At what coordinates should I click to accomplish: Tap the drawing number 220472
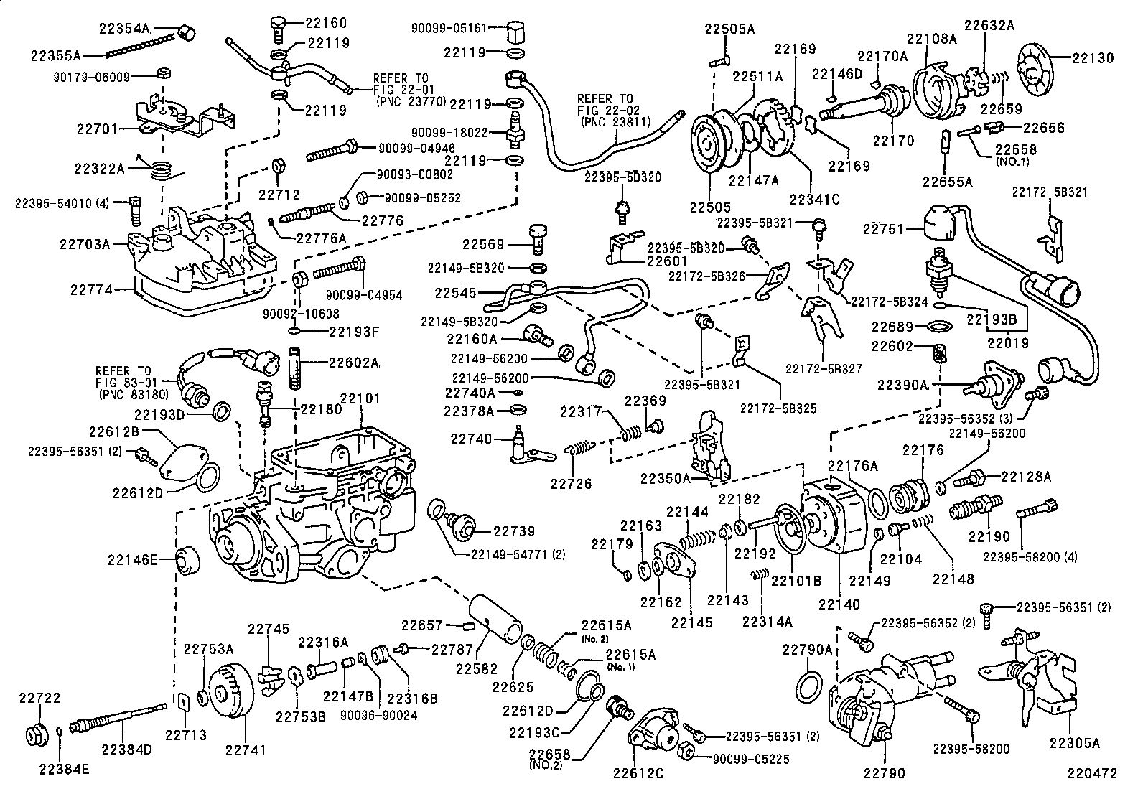1093,774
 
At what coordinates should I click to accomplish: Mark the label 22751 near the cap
882,229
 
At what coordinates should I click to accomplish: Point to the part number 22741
245,750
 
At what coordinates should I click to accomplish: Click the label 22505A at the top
729,29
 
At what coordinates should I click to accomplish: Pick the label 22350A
666,477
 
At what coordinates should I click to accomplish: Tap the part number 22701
95,129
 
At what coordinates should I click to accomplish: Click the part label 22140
839,604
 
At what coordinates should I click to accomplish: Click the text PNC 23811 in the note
615,122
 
